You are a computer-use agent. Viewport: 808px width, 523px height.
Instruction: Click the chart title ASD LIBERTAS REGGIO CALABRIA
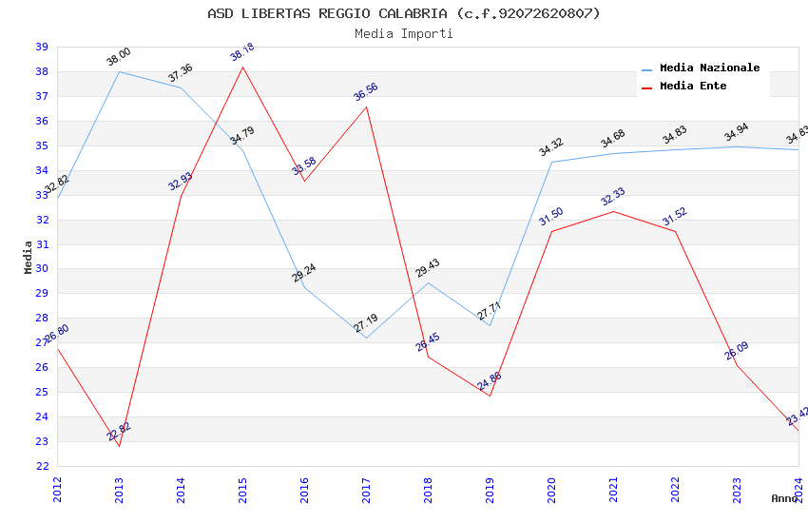click(403, 13)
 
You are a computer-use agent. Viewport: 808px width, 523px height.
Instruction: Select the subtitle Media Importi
click(403, 33)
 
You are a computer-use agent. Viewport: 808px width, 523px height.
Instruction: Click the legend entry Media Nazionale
click(709, 68)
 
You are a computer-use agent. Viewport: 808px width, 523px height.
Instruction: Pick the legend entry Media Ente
click(693, 86)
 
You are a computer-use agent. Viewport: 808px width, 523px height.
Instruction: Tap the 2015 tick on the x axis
click(242, 489)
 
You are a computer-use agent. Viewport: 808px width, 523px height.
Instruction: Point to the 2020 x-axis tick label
click(551, 489)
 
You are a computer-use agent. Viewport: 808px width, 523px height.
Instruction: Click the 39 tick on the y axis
click(42, 47)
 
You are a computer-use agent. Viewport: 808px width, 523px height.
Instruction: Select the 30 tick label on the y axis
click(42, 269)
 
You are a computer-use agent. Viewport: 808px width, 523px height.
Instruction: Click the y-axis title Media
click(29, 257)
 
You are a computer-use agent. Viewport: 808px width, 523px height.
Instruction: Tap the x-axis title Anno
click(784, 498)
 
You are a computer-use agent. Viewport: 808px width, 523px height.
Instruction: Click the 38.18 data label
click(242, 52)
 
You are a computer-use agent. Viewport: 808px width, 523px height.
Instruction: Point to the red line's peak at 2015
click(242, 67)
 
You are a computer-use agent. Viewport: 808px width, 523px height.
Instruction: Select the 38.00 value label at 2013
click(119, 57)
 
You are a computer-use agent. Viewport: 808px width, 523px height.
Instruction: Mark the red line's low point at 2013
click(119, 446)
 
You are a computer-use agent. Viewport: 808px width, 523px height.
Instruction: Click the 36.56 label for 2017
click(366, 91)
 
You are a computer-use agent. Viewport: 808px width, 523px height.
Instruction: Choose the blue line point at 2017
click(366, 339)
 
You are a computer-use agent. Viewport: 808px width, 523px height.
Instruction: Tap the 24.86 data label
click(490, 381)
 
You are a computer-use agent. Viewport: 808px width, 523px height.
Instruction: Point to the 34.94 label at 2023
click(737, 132)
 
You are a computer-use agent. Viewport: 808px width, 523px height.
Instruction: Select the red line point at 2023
click(737, 365)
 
